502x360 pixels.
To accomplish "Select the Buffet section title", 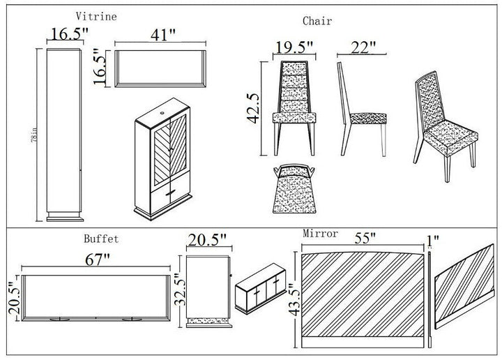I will pyautogui.click(x=103, y=239).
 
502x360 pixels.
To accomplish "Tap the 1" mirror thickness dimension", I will pyautogui.click(x=432, y=241).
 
